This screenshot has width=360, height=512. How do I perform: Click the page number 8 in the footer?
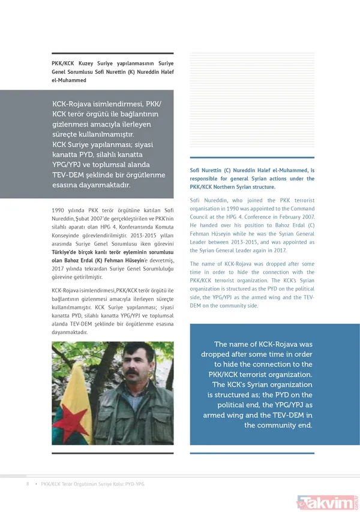click(26, 484)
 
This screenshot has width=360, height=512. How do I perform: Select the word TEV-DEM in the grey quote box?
click(73, 174)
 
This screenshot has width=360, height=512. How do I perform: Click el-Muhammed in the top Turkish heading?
click(69, 80)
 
